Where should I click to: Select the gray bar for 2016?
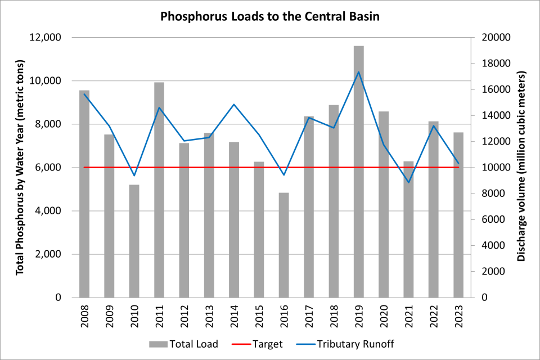pos(284,245)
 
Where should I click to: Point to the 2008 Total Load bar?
pos(84,194)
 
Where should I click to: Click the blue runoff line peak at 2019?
pos(359,71)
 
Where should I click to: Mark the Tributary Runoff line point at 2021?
pos(408,182)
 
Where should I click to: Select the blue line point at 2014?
pos(234,104)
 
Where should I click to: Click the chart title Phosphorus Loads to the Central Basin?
pos(270,16)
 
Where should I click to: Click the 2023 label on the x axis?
pos(459,316)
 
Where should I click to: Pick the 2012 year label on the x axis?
pos(184,316)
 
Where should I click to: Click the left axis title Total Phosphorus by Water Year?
pos(20,168)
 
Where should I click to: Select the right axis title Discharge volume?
pos(521,168)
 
